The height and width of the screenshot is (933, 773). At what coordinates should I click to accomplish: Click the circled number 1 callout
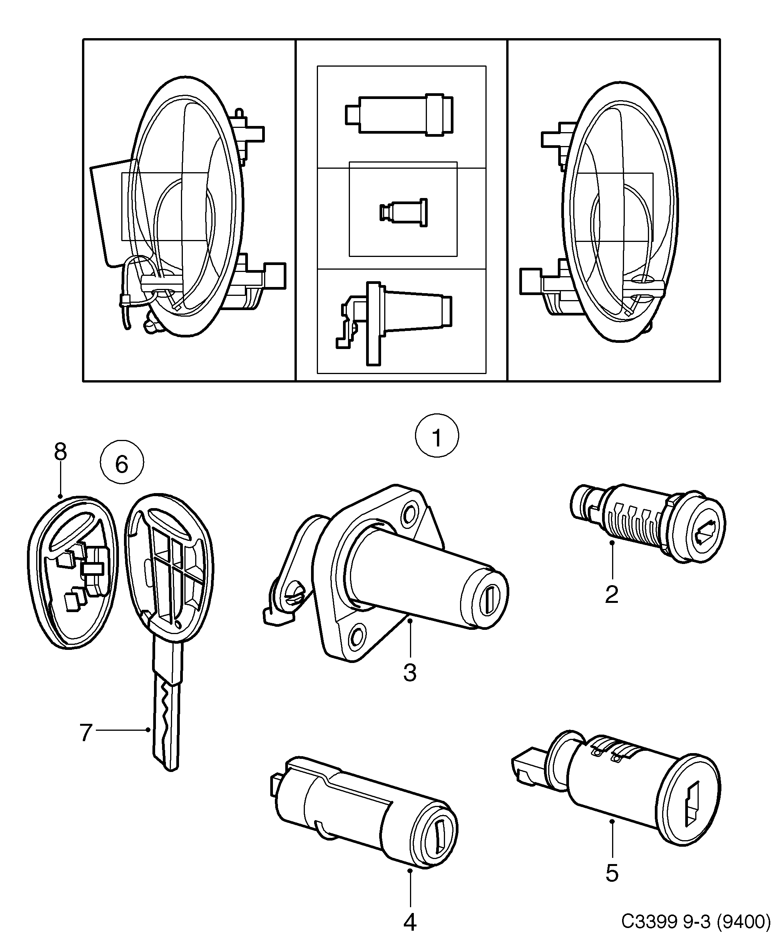[x=437, y=438]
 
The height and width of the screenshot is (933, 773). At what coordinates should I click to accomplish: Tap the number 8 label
[x=60, y=452]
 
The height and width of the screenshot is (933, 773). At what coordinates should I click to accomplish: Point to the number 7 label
[x=86, y=733]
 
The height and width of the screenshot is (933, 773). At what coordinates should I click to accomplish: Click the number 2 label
[x=611, y=594]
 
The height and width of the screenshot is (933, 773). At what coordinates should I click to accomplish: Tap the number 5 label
[x=611, y=873]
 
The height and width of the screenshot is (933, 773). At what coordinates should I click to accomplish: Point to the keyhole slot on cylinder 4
[x=440, y=837]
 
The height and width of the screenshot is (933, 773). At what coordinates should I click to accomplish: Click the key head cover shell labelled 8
[x=71, y=573]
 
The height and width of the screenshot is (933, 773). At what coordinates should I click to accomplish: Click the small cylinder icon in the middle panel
[x=403, y=213]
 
